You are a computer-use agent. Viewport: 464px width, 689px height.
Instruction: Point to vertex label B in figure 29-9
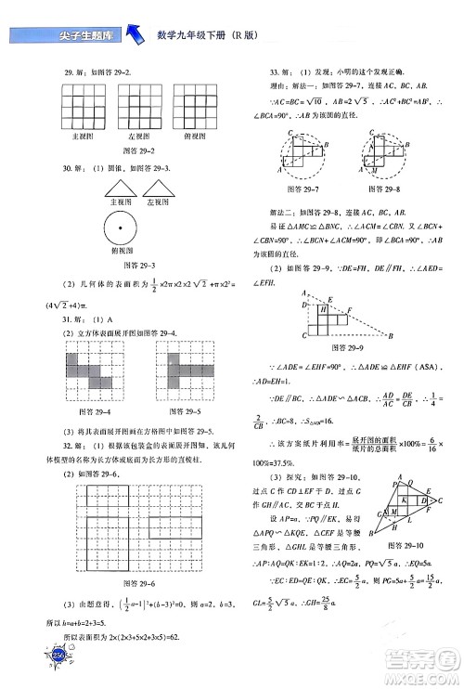tap(393, 335)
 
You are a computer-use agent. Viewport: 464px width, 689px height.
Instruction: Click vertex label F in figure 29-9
tap(350, 308)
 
